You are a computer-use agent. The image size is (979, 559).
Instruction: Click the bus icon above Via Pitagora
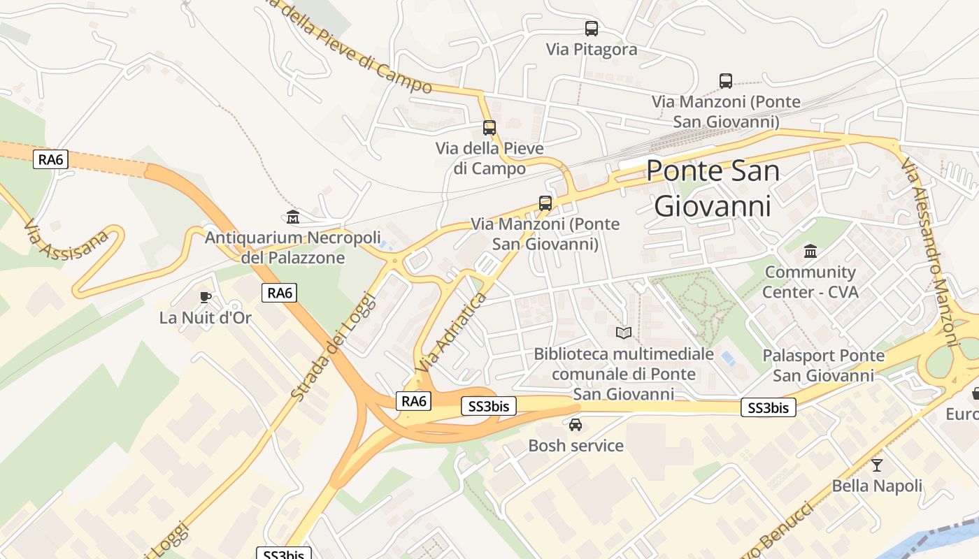592,29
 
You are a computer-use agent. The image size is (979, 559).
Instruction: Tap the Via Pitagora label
592,50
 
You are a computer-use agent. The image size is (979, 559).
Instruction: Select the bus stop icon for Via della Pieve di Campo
489,128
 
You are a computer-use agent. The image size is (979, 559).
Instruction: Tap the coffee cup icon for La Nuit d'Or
205,297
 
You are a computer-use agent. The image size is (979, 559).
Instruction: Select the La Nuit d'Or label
205,318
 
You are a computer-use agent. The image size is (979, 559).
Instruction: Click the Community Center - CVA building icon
810,251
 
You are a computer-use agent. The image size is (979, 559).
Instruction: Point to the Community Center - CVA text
810,282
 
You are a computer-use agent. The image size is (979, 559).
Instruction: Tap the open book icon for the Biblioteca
624,333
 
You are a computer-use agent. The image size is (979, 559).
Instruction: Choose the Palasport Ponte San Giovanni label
823,365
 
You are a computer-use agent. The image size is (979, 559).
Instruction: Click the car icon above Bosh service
576,425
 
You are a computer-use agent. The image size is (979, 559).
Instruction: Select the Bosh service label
576,446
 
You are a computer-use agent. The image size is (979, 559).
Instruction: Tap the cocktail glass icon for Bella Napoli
877,465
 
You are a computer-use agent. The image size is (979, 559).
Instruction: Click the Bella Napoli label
877,486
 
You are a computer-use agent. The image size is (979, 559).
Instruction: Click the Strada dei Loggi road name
333,347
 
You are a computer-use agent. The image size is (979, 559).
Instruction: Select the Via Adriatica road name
450,333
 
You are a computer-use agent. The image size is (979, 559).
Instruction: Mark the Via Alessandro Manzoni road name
928,252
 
